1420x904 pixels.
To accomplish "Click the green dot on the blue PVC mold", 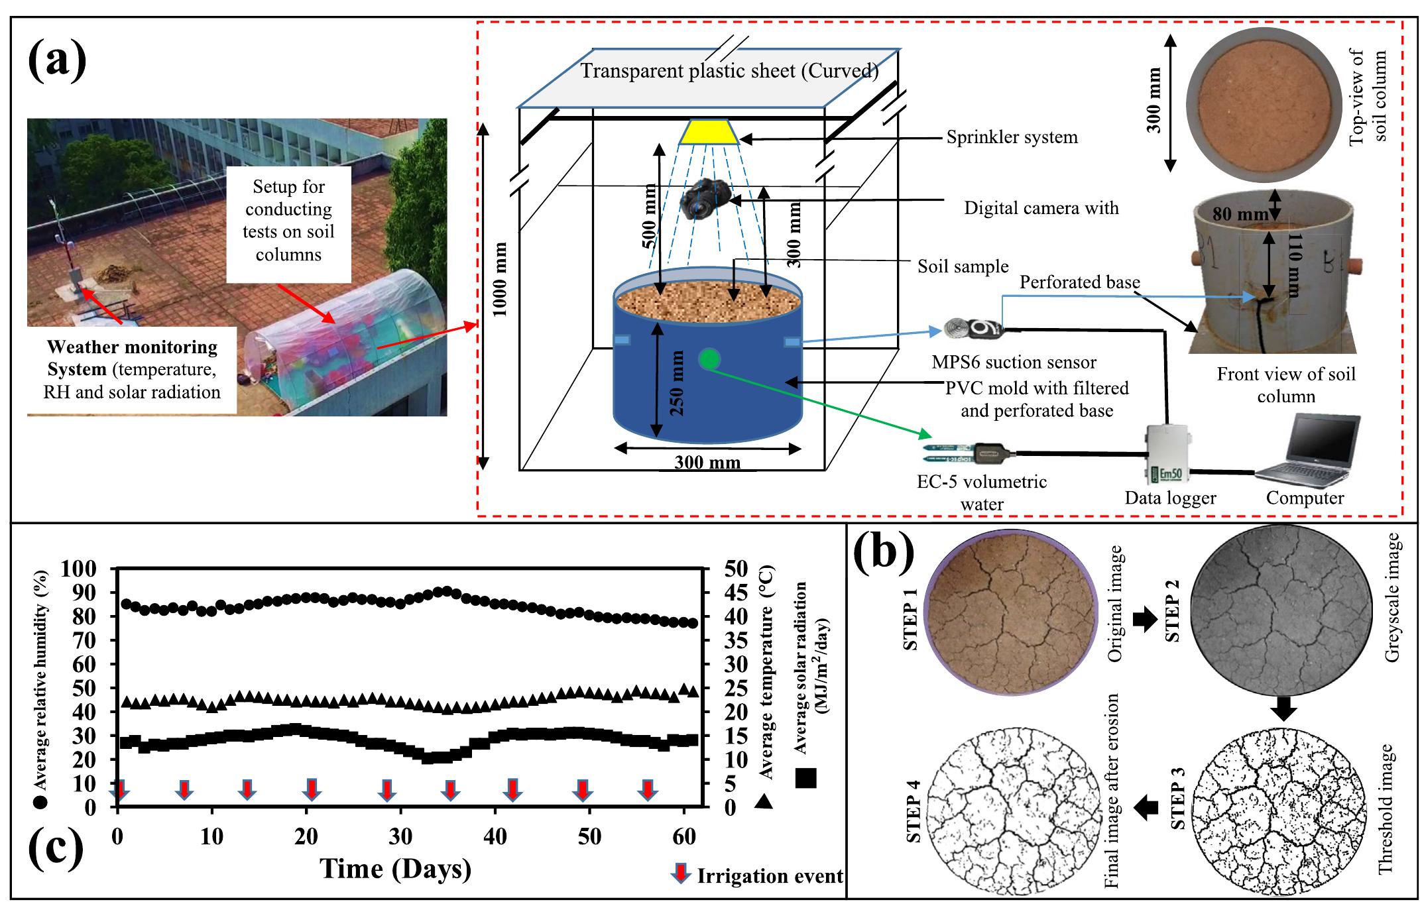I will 709,359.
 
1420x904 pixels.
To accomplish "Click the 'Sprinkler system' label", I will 1012,137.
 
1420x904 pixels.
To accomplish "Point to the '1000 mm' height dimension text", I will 501,278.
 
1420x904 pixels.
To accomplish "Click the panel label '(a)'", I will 57,58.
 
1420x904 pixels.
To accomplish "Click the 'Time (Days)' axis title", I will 395,869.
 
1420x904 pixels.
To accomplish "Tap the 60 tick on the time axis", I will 684,836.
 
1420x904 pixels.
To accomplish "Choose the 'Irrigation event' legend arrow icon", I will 680,874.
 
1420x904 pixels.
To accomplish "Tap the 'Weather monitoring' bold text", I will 132,347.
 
